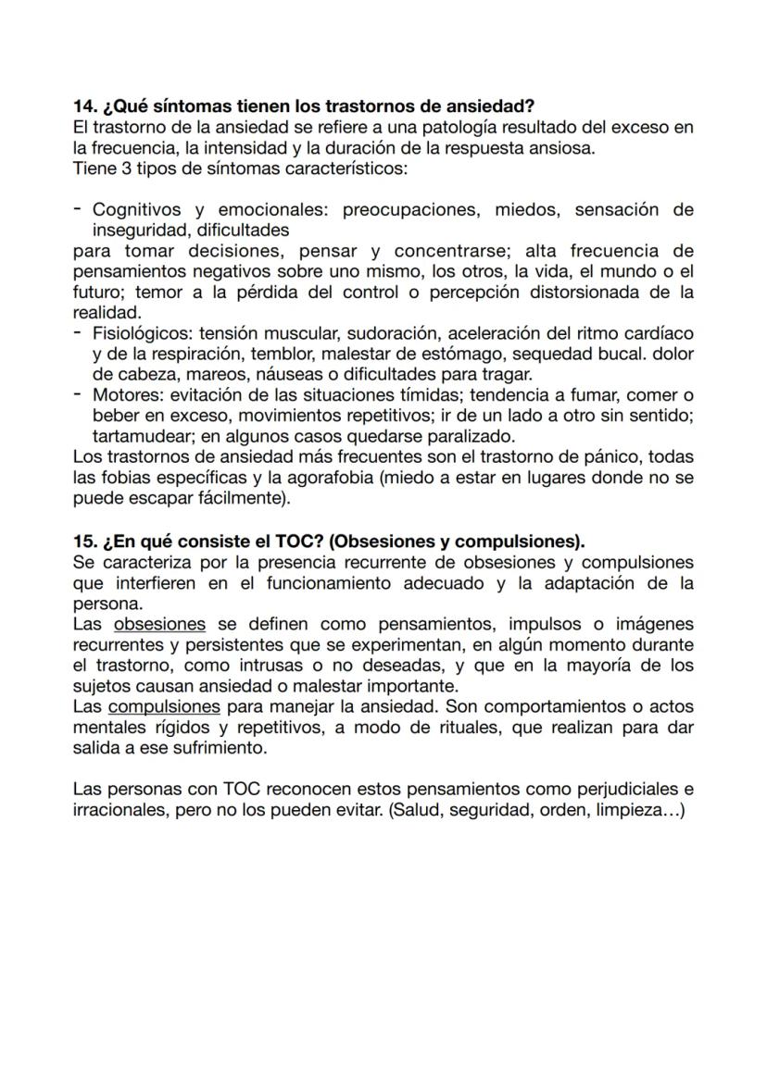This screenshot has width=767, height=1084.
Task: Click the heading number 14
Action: pyautogui.click(x=84, y=106)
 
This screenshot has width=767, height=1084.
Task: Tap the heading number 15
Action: pyautogui.click(x=84, y=541)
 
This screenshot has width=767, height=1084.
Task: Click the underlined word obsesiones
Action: pyautogui.click(x=159, y=624)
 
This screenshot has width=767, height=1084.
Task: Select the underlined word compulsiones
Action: pyautogui.click(x=164, y=707)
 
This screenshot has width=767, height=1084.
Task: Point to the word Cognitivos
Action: pyautogui.click(x=137, y=210)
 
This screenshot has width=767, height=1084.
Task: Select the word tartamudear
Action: pyautogui.click(x=139, y=436)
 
